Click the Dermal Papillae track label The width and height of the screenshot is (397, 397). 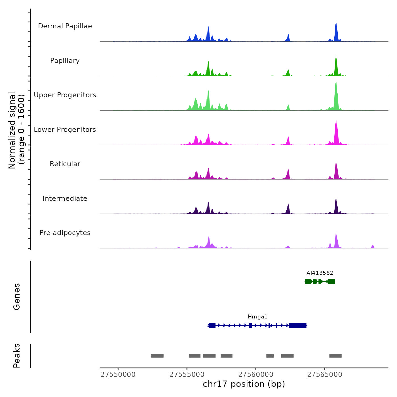65,26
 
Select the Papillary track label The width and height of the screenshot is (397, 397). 65,61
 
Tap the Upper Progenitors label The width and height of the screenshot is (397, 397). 65,95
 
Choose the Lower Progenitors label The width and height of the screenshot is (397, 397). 65,130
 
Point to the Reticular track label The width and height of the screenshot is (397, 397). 65,164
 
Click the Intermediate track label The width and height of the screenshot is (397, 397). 65,198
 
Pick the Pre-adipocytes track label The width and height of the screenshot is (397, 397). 65,233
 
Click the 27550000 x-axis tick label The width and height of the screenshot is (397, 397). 118,375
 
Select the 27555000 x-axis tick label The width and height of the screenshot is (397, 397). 187,375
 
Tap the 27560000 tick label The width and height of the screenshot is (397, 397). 256,375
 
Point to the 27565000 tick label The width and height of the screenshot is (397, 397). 325,375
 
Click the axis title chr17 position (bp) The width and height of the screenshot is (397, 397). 244,384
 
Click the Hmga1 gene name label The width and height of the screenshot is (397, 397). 257,317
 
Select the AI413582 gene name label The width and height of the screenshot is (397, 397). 320,273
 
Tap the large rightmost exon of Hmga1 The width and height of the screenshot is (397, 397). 298,325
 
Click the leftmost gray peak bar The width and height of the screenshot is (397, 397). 157,356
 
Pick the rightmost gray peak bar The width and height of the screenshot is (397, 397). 335,356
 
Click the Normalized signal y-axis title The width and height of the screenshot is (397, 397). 16,130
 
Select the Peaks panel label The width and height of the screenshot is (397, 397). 16,356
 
